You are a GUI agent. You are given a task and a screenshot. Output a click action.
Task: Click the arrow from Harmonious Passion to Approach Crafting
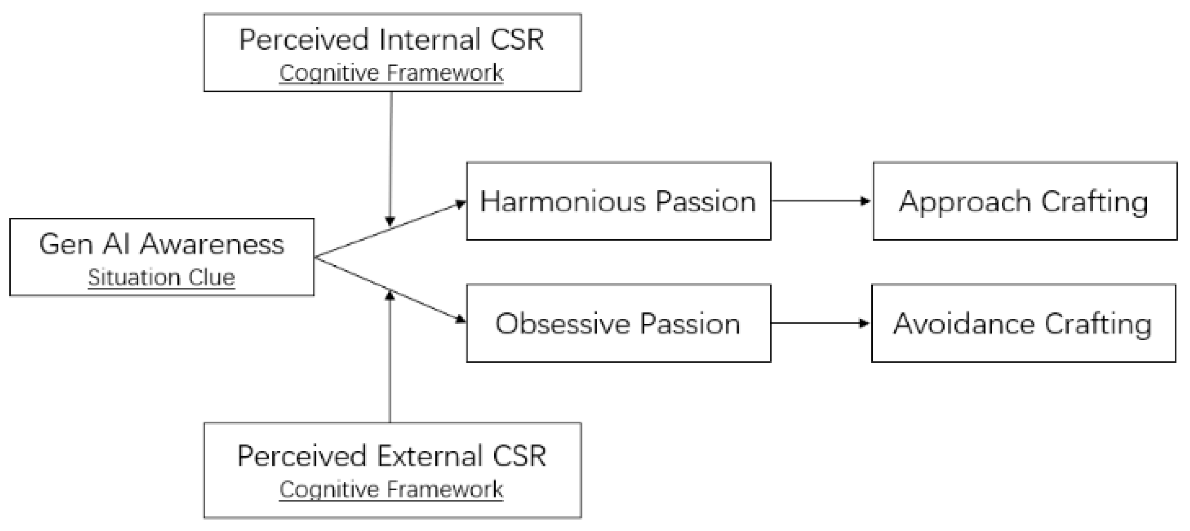coord(820,200)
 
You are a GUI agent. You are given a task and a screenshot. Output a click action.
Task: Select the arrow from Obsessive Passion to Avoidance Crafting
coord(820,323)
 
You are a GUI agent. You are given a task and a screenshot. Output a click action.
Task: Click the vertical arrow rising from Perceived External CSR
coord(390,360)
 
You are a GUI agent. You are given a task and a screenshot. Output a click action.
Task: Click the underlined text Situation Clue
coord(161,277)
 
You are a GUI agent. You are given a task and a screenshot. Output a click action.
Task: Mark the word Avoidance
coord(963,323)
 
